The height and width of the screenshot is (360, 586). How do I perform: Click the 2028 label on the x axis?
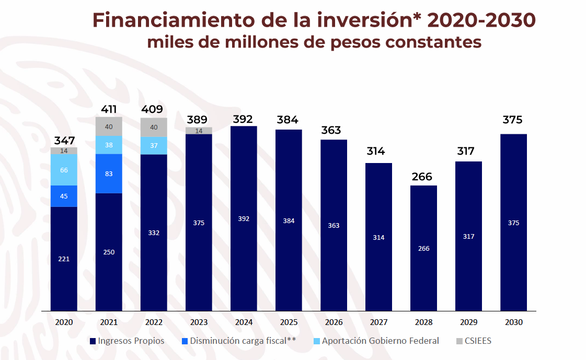coord(423,322)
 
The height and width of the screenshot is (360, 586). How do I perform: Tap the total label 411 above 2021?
coord(109,110)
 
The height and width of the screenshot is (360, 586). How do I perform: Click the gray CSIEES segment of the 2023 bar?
coord(199,131)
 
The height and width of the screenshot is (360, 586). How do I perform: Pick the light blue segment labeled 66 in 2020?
coord(64,170)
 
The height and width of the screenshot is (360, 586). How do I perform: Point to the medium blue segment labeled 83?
coord(109,173)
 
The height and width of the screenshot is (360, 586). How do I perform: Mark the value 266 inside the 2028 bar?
coord(423,248)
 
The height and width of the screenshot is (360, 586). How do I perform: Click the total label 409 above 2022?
coord(154,110)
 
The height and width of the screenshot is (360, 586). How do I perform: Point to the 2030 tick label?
coord(513,322)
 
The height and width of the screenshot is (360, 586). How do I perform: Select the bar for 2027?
coord(378,237)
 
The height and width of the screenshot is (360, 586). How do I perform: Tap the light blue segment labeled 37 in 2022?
coord(154,146)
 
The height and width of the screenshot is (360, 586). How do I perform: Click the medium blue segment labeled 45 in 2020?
coord(64,196)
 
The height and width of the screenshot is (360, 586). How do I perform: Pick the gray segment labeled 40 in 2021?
coord(109,126)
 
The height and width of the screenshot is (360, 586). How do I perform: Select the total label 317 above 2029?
coord(468,152)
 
